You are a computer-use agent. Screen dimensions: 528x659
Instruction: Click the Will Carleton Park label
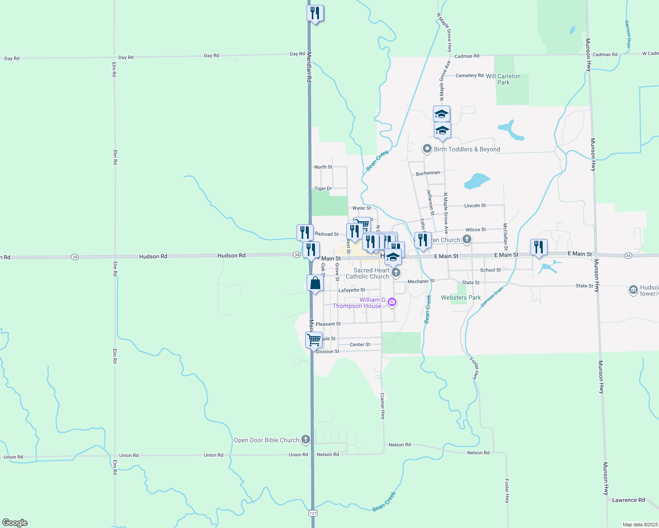(x=503, y=79)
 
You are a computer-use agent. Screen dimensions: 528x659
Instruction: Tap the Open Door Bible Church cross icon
(x=306, y=440)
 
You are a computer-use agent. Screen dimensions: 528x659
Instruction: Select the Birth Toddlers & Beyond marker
(x=427, y=149)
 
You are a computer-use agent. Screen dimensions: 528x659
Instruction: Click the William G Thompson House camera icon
(x=392, y=302)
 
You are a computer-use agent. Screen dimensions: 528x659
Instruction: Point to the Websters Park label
(x=461, y=297)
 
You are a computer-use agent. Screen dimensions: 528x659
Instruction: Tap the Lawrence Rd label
(x=628, y=500)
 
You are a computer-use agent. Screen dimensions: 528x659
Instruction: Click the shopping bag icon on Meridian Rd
(x=315, y=283)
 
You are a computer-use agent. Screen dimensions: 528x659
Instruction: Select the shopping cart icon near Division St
(x=314, y=340)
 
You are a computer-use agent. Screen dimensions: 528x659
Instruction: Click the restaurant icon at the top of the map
(x=315, y=13)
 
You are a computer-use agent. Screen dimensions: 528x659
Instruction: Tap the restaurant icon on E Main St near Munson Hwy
(x=539, y=247)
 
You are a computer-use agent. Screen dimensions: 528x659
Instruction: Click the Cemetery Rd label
(x=469, y=76)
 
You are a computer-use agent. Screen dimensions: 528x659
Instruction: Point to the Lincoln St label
(x=475, y=205)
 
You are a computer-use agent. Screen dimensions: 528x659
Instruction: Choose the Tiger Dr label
(x=323, y=188)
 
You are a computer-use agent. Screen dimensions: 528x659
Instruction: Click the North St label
(x=323, y=167)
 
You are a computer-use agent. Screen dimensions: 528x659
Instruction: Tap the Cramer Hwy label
(x=382, y=406)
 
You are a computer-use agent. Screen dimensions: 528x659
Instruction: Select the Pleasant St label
(x=328, y=324)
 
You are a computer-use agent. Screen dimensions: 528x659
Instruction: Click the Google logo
(x=15, y=523)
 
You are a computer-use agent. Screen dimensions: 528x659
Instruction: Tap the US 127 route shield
(x=313, y=513)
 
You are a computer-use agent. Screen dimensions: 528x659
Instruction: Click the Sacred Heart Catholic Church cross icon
(x=396, y=273)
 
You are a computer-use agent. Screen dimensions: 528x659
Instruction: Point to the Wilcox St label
(x=476, y=230)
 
